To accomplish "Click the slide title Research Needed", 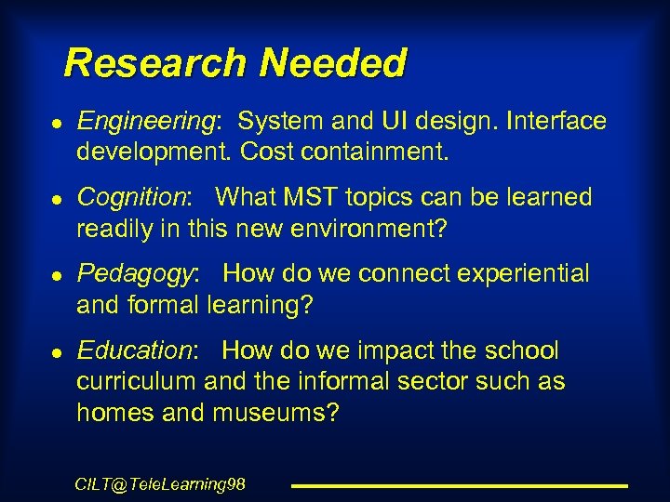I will click(235, 64).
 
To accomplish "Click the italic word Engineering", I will click(145, 122).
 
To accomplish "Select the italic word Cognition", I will click(132, 197).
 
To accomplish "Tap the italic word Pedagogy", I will click(136, 273).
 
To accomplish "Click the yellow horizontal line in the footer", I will click(460, 485).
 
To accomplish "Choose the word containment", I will click(375, 152).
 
